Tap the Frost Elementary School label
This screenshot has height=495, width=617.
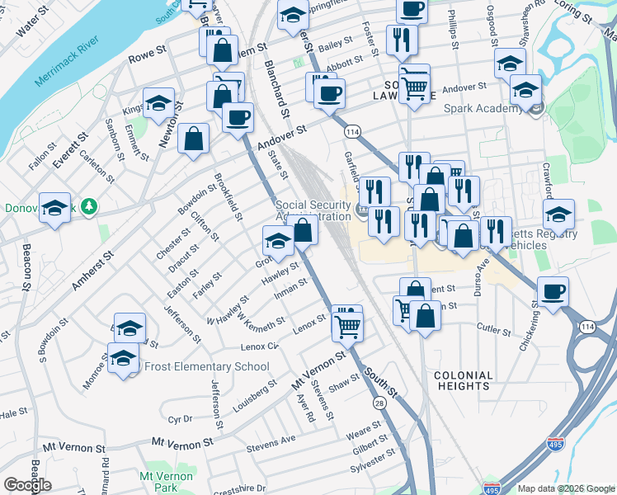point(207,366)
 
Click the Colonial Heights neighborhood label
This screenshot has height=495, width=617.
point(463,380)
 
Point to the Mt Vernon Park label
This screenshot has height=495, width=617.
point(167,482)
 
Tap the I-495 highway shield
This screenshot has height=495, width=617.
point(492,488)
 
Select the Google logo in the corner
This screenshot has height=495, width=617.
point(28,485)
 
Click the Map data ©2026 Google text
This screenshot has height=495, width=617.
point(565,488)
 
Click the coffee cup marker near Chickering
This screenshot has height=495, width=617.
point(553,291)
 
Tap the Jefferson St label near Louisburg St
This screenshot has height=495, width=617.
point(219,405)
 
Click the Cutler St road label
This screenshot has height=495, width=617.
point(494,329)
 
